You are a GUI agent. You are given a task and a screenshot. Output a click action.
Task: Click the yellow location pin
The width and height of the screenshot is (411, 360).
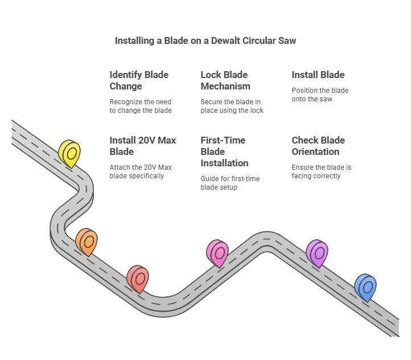69,153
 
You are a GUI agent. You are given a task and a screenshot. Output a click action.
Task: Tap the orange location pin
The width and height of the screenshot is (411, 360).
87,242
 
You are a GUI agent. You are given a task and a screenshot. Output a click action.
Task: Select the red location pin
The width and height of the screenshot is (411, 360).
138,278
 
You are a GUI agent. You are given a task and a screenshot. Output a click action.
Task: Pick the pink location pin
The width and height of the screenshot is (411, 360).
217,253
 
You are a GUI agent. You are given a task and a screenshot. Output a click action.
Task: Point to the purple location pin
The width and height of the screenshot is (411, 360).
317,252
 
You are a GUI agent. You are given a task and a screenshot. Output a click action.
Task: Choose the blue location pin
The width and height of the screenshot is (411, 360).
365,287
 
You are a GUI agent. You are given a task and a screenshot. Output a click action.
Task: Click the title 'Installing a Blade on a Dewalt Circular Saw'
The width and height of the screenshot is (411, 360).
205,40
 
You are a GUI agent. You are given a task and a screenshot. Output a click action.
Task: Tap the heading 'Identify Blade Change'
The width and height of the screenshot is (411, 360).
139,80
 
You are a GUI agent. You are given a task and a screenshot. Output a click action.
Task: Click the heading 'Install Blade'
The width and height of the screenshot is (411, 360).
318,75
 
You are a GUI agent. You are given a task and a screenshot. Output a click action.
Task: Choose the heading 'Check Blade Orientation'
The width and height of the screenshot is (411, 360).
318,146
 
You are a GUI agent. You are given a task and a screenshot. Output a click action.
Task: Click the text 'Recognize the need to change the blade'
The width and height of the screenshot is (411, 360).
140,106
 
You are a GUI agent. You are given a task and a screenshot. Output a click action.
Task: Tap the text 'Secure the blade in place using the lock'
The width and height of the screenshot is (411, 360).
232,106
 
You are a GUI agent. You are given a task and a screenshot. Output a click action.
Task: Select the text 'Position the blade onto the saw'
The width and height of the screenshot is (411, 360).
320,95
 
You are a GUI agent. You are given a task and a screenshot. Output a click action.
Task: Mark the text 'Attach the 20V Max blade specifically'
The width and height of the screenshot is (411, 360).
140,171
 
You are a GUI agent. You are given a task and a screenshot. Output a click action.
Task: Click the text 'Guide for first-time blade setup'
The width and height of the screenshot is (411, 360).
230,183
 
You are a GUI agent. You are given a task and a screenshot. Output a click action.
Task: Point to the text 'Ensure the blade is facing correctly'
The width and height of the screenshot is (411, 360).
321,171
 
